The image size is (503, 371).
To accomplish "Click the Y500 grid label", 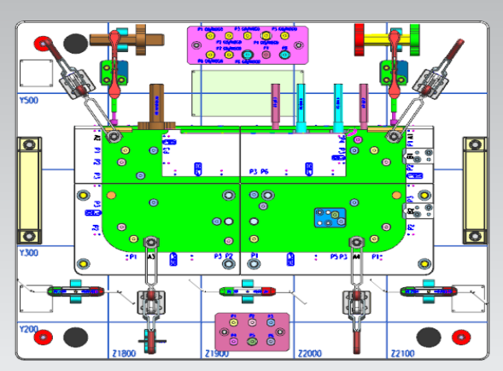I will [x=29, y=100].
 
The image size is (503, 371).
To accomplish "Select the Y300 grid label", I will [x=29, y=252].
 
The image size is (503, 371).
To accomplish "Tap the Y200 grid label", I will [x=29, y=328].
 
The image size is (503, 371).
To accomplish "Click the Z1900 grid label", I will [x=217, y=353].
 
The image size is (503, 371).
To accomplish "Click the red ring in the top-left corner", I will [x=41, y=41].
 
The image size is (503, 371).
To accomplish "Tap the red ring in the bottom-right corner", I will [x=462, y=335].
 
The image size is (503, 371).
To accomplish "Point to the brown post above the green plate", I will [x=158, y=103].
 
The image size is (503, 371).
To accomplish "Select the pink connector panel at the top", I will [x=246, y=44].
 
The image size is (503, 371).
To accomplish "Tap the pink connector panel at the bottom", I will [x=253, y=331].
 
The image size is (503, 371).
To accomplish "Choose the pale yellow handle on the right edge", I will [x=473, y=191].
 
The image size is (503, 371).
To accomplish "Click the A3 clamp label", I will [x=151, y=256].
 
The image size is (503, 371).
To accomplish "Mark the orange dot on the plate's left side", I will [x=111, y=195].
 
